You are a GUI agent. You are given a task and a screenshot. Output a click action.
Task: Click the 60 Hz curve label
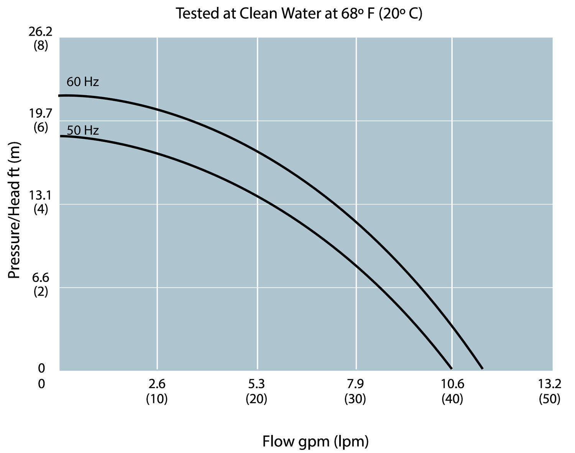[82, 82]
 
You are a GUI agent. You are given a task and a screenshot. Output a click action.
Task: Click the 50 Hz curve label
[83, 130]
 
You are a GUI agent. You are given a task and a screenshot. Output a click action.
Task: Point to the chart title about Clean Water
[299, 14]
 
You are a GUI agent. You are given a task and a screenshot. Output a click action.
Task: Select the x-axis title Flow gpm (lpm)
[315, 441]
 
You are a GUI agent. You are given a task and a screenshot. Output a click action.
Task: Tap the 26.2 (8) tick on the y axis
[41, 38]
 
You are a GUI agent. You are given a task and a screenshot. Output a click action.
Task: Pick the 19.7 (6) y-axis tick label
[41, 120]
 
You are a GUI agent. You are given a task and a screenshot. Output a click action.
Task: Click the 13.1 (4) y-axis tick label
[41, 203]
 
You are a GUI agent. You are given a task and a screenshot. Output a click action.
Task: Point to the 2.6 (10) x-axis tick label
[157, 391]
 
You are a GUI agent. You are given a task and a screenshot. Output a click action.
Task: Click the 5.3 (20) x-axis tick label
[256, 391]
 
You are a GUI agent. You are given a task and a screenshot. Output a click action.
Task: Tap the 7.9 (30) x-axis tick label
[355, 391]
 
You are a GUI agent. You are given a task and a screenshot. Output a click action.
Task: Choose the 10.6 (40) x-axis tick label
[452, 391]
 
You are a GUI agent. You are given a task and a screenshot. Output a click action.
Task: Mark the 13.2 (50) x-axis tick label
[550, 391]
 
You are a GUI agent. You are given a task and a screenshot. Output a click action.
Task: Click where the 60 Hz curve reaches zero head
[482, 369]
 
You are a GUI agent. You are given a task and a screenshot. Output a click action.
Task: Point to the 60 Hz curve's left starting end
[60, 96]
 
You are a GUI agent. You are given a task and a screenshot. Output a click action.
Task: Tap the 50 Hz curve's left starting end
[61, 136]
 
